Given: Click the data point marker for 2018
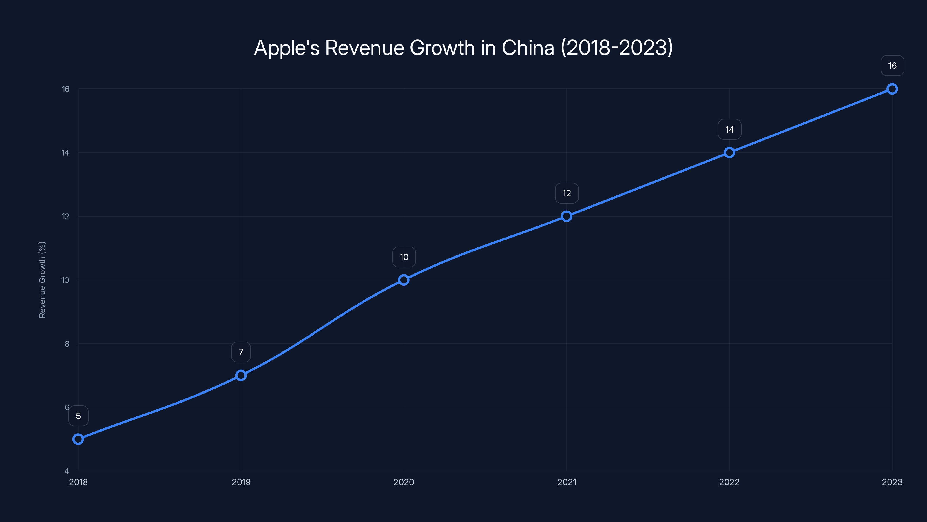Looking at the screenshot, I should coord(78,439).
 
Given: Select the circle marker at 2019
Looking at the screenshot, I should coord(241,375).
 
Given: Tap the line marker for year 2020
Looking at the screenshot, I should coord(404,280).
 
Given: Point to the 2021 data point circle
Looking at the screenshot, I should coord(566,216).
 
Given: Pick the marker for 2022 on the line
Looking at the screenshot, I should coord(729,152).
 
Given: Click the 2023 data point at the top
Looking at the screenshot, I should coord(892,89).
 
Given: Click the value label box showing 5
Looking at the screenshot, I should coord(79,416).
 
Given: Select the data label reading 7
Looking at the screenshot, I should coord(241,352).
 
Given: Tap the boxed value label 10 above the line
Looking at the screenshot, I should coord(404,257).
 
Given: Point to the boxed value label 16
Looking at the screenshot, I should coord(892,66).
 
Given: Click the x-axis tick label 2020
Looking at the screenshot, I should coord(404,482).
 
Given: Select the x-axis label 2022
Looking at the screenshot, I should coord(729,482).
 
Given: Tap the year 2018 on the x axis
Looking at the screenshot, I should coord(79,482).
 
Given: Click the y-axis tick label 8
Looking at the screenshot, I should coord(67,344).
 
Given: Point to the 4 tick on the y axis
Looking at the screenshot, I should coord(67,471).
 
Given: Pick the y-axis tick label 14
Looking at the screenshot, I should coord(65,153).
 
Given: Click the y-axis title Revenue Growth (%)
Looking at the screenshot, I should coord(42,280).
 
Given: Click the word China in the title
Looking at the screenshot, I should coord(528,48).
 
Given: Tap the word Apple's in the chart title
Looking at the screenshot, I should coord(287,48).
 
